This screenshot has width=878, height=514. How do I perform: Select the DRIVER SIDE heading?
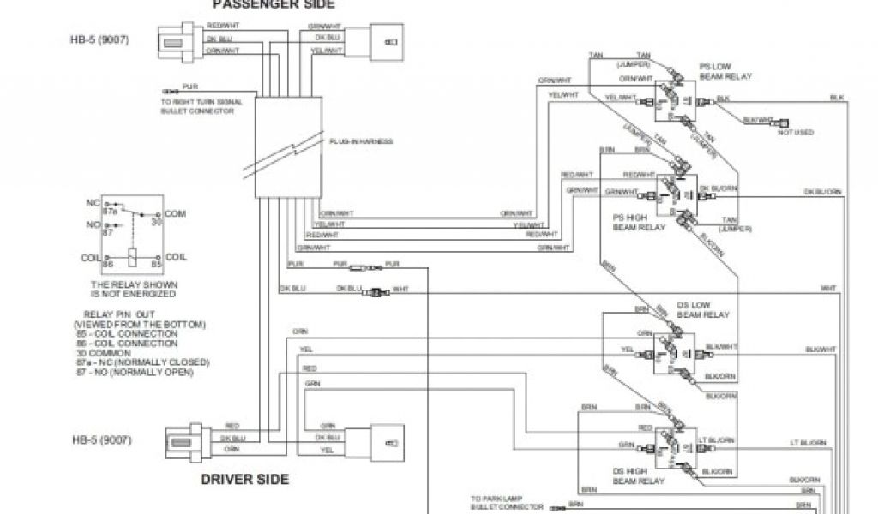point(245,479)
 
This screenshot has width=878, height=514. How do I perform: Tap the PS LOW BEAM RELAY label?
point(725,71)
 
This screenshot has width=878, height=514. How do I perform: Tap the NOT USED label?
point(796,133)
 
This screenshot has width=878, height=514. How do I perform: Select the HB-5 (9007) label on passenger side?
point(100,39)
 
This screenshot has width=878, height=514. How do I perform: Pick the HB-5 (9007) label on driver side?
point(100,440)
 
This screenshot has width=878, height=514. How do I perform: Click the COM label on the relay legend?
point(175,212)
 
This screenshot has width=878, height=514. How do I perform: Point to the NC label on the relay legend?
point(93,203)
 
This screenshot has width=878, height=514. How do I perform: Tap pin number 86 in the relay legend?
point(109,266)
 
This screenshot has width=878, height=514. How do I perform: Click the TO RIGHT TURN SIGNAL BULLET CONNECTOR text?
point(201,106)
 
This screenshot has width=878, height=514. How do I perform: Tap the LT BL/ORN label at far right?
point(808,443)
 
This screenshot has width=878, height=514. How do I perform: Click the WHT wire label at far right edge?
point(828,288)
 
